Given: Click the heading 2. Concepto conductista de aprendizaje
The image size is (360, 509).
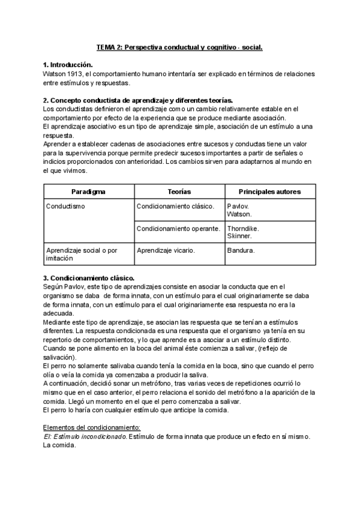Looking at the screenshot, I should coord(138,100).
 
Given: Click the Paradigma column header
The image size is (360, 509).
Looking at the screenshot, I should coord(88,191).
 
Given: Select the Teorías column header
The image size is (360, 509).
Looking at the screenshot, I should coord(178,191).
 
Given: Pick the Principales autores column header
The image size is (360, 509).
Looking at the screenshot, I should coord(269,191).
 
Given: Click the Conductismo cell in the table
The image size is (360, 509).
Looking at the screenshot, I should coord(65,206).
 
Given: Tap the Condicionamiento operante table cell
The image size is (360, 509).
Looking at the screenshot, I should coord(178,229).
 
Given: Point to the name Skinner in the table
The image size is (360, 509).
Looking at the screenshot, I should coord(239,236).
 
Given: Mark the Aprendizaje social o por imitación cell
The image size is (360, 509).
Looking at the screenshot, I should coord(82,254).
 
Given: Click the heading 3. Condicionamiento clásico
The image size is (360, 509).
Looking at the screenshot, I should coord(89,278).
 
